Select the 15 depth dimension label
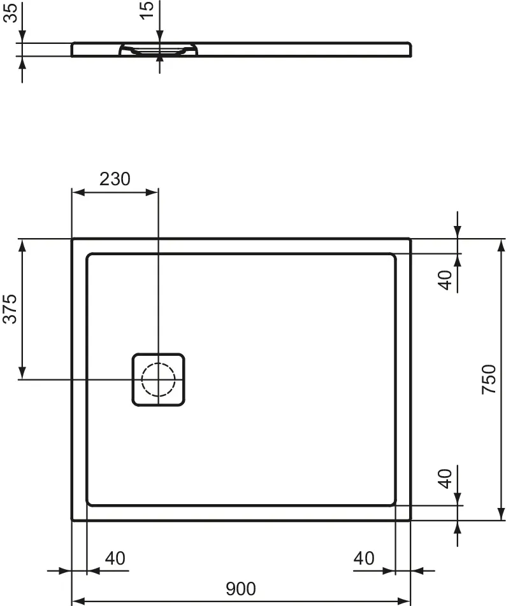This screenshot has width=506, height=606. [x=147, y=10]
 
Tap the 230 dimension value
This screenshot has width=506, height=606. [x=115, y=179]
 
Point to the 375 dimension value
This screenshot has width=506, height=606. [x=10, y=309]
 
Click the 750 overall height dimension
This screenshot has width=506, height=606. [x=488, y=379]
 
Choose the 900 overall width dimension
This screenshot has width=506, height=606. [x=241, y=589]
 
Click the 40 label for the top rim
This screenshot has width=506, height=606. [x=446, y=279]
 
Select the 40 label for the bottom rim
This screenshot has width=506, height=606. [x=446, y=477]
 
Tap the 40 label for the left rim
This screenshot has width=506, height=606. [x=115, y=558]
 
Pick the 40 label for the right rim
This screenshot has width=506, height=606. [x=363, y=558]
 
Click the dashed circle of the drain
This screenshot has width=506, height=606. [x=158, y=380]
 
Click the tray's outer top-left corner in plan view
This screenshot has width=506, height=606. [x=72, y=239]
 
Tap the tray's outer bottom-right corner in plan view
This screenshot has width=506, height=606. [x=410, y=519]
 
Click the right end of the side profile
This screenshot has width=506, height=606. [x=411, y=50]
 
